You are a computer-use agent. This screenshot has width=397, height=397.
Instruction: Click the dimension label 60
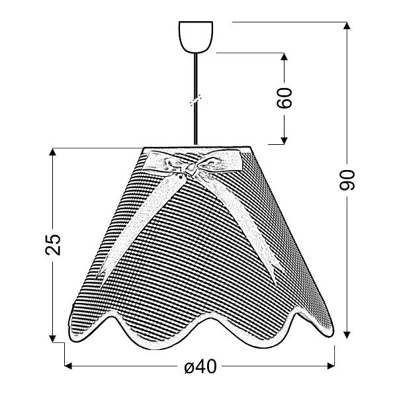[284, 98]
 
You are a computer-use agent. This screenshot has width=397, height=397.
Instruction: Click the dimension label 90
[347, 180]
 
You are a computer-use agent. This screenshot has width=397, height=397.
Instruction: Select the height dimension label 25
[53, 245]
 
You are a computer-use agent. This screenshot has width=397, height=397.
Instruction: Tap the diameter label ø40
[200, 367]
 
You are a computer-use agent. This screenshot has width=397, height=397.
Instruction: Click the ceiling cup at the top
[196, 37]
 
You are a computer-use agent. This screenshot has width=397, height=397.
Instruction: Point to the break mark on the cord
[195, 101]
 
